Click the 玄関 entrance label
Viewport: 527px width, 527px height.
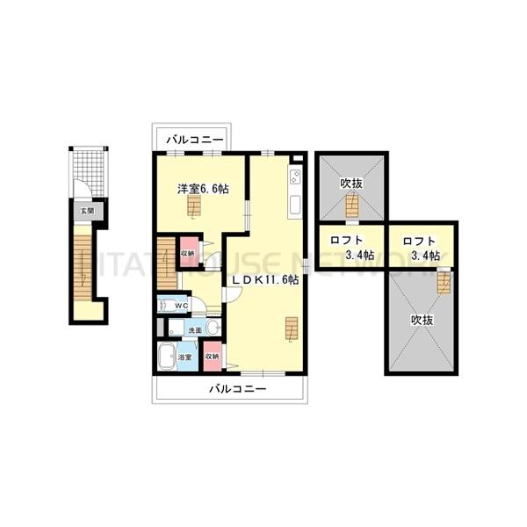(84, 210)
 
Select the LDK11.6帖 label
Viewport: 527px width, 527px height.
(265, 280)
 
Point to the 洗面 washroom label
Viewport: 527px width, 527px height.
(194, 329)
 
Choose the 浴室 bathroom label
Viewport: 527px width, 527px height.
(185, 358)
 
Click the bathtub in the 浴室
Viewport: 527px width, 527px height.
(165, 357)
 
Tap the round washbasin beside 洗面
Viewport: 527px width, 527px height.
(213, 328)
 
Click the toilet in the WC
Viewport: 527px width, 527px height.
(166, 306)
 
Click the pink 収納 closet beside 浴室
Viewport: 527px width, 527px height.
(211, 357)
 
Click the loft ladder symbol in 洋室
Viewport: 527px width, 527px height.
(194, 206)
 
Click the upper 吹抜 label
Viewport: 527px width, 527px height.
(351, 184)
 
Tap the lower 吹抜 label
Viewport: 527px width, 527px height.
(422, 321)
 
